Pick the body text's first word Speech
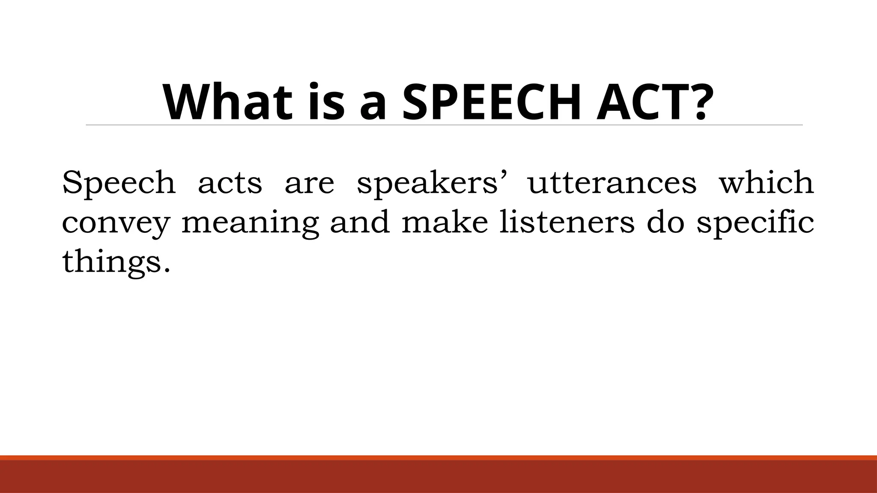pyautogui.click(x=119, y=183)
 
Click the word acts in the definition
pyautogui.click(x=230, y=183)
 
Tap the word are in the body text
pyautogui.click(x=309, y=183)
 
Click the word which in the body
pyautogui.click(x=766, y=183)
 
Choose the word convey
pyautogui.click(x=116, y=223)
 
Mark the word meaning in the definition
pyautogui.click(x=250, y=223)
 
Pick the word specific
pyautogui.click(x=755, y=223)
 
